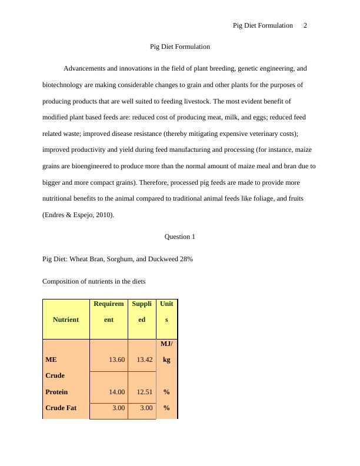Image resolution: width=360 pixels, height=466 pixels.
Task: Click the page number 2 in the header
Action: point(305,25)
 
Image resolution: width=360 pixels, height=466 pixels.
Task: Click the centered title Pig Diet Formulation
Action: point(180,46)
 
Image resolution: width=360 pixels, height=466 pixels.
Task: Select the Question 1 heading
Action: point(180,237)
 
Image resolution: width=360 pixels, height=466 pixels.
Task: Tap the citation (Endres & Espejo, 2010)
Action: point(78,215)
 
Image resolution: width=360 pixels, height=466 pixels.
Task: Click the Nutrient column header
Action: point(66,319)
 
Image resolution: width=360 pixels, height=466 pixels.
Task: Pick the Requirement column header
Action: point(109,312)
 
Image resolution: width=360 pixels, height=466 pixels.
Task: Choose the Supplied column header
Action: point(142,312)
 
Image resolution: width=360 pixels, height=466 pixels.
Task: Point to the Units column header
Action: point(166,312)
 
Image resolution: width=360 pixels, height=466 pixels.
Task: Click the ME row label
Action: point(51,360)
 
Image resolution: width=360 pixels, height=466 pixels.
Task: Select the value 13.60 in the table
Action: point(116,360)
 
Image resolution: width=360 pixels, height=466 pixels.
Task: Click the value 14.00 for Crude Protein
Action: point(116,392)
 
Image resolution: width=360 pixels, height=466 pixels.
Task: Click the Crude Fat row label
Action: point(62,408)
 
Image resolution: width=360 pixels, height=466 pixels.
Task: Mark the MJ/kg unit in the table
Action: point(166,351)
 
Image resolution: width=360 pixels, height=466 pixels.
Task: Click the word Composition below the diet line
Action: point(62,281)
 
